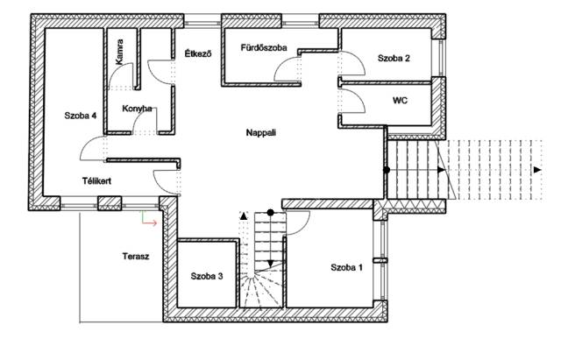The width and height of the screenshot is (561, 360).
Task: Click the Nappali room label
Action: pos(261,133)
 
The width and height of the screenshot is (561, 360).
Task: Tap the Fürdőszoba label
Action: pos(264,47)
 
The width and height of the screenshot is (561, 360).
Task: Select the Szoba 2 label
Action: pos(394,59)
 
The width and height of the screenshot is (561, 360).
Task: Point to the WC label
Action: pos(400,101)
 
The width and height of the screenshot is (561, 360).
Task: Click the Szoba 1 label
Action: pos(346,267)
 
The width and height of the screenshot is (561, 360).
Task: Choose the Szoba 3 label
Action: pos(207,276)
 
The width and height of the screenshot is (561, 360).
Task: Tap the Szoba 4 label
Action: pos(80,116)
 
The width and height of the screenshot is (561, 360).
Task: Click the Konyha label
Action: pos(137,109)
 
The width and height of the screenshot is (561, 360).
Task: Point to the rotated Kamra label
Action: pos(119,53)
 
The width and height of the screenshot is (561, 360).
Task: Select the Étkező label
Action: pos(198,54)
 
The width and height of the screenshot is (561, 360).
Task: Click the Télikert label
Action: pos(96,181)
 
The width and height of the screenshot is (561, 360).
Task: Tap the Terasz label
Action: pos(136,257)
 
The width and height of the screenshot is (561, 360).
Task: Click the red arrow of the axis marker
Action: pos(150,223)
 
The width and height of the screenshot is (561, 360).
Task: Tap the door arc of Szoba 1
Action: pos(304,229)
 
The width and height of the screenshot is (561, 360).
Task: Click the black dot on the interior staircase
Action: pos(271,213)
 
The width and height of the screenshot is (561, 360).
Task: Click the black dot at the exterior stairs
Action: pos(387,170)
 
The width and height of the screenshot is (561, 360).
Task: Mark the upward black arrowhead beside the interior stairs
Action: pos(244,215)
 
